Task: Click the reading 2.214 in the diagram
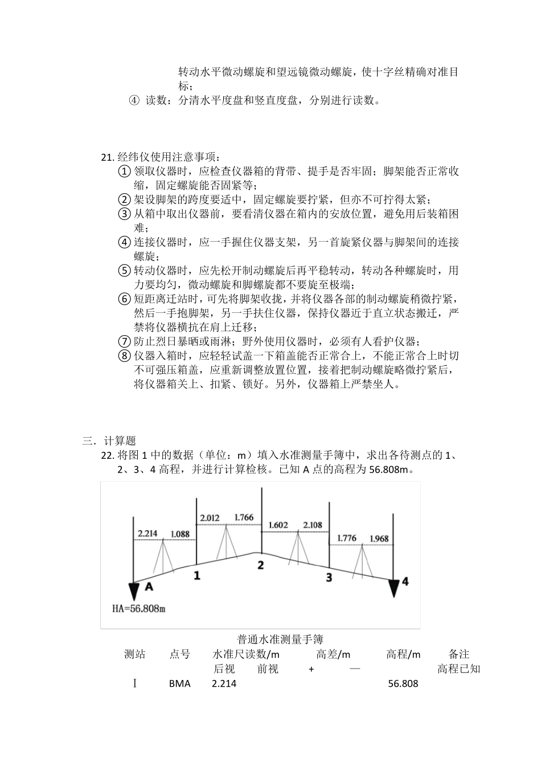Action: coord(147,533)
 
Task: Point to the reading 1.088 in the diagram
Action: coord(180,534)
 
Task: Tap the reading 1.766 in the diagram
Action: coord(244,518)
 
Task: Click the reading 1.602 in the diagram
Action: coord(278,525)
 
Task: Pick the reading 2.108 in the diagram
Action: coord(313,525)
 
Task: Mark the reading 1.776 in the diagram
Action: coord(347,538)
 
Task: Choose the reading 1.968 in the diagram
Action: coord(379,539)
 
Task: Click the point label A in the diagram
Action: coord(149,586)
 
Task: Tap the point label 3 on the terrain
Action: coord(329,577)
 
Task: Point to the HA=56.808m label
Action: coord(139,609)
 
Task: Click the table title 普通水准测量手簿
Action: coord(280,639)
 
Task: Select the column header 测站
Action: coord(135,654)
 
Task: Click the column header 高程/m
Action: coord(403,654)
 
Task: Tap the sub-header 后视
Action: coord(224,669)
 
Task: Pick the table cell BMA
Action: coord(180,683)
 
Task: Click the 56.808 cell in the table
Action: coord(403,683)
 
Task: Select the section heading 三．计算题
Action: coord(109,441)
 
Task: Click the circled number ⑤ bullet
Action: coord(125,271)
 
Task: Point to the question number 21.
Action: coord(108,157)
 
